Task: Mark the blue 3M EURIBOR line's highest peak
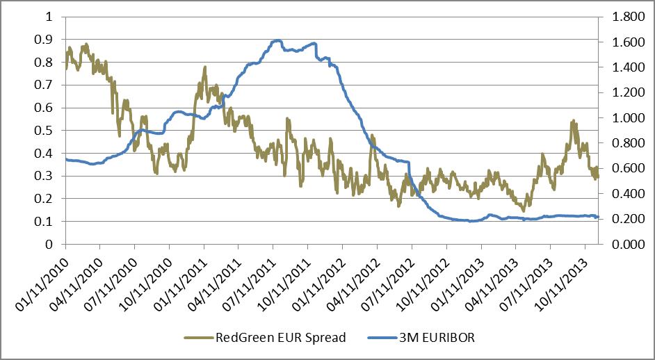coord(277,40)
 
